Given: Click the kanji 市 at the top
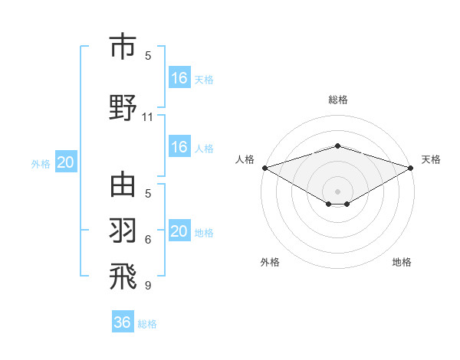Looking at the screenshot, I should [123, 47].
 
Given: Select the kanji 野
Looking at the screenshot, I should [123, 107].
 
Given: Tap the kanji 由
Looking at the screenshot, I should [123, 185].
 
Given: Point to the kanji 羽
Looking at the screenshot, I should [123, 231].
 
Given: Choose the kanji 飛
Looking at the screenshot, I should [123, 277].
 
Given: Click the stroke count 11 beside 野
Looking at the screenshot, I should [148, 117].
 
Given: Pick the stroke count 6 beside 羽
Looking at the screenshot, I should [148, 240].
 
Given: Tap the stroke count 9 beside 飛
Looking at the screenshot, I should [148, 285].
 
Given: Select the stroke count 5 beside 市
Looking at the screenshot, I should [148, 55].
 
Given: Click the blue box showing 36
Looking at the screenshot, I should [123, 322].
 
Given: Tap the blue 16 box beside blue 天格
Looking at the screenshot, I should [179, 78].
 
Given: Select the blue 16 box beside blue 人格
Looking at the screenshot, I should [179, 147].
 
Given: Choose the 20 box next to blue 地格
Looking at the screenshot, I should [179, 231].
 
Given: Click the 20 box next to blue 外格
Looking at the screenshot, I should [66, 162].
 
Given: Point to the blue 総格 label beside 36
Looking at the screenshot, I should [147, 324].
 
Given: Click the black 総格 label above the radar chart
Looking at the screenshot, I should [337, 100].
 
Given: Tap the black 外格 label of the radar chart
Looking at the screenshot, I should [270, 262].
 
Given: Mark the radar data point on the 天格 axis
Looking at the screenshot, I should [411, 168].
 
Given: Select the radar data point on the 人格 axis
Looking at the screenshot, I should [264, 168].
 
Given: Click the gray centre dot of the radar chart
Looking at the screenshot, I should [337, 191].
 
